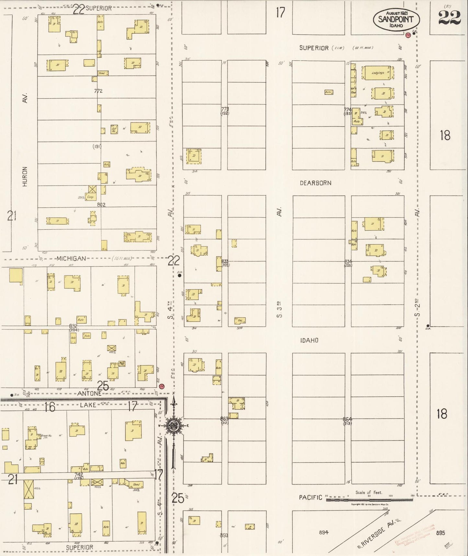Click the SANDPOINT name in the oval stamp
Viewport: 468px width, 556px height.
396,19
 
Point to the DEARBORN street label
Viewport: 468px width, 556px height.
315,183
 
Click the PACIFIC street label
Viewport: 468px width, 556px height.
310,497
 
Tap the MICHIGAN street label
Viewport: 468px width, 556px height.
71,259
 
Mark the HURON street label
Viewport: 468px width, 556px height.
25,176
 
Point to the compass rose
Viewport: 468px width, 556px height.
174,425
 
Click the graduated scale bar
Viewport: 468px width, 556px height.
369,500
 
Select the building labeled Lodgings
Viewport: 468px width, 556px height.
378,73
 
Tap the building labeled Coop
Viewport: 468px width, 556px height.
90,197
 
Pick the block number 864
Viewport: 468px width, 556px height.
347,419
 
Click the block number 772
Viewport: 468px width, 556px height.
98,91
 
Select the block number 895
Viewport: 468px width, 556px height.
440,533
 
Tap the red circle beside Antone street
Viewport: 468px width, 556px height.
162,386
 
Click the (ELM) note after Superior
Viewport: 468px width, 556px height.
338,48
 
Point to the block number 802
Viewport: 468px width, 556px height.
101,205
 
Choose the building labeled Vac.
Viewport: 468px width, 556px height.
240,320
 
